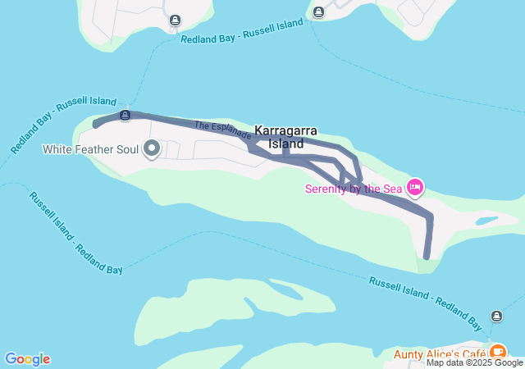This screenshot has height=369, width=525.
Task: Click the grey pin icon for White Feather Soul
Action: (x=152, y=148)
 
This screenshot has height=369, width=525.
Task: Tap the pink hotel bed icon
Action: (x=415, y=188)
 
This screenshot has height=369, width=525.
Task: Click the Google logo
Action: (x=27, y=359)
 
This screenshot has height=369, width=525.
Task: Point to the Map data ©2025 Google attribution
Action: (x=474, y=362)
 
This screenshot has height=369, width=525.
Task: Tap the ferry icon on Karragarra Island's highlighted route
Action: (x=125, y=115)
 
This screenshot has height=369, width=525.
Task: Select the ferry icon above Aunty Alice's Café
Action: (x=496, y=317)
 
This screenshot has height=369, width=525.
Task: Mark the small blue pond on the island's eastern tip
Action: (x=486, y=221)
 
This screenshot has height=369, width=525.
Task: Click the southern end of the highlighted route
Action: (x=427, y=256)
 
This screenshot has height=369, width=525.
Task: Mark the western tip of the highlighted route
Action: (x=96, y=125)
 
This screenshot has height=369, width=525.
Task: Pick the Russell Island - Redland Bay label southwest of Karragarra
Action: (x=75, y=233)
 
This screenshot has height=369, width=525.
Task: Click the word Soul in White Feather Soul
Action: (x=125, y=149)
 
